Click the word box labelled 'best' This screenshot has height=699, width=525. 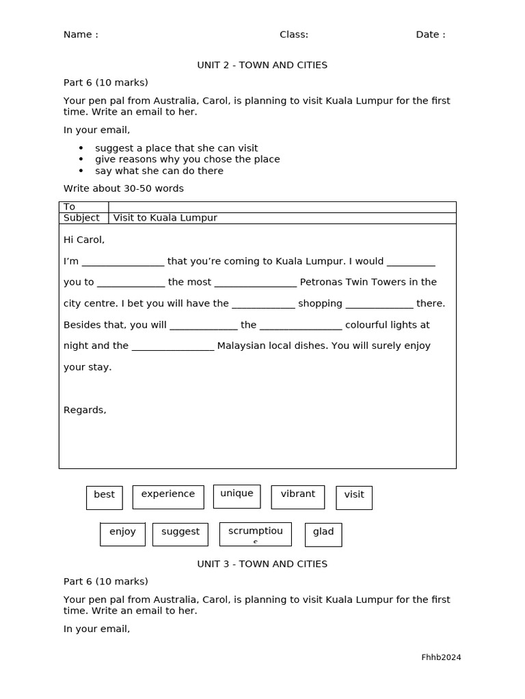pyautogui.click(x=105, y=497)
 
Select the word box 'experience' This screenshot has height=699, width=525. pyautogui.click(x=168, y=496)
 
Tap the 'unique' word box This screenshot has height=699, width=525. pyautogui.click(x=237, y=496)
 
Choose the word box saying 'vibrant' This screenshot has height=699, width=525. pyautogui.click(x=298, y=496)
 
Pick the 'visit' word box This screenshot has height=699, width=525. pyautogui.click(x=354, y=497)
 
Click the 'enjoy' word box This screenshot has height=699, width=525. pyautogui.click(x=122, y=534)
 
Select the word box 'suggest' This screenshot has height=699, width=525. pyautogui.click(x=180, y=534)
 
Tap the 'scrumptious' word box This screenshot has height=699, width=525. pyautogui.click(x=255, y=534)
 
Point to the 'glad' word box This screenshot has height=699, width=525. pyautogui.click(x=323, y=534)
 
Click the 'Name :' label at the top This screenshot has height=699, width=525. pyautogui.click(x=81, y=35)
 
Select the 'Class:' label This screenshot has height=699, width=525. pyautogui.click(x=294, y=35)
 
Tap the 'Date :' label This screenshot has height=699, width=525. pyautogui.click(x=431, y=35)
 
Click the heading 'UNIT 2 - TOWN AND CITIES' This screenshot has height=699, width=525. pyautogui.click(x=262, y=65)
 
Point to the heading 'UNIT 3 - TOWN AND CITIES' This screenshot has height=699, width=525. pyautogui.click(x=262, y=564)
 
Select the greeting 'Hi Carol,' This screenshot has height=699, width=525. pyautogui.click(x=84, y=240)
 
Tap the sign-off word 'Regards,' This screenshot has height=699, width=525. pyautogui.click(x=85, y=410)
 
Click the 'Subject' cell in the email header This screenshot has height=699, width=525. pyautogui.click(x=81, y=218)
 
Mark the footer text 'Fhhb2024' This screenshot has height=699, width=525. pyautogui.click(x=441, y=657)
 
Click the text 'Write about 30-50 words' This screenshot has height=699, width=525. pyautogui.click(x=124, y=188)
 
